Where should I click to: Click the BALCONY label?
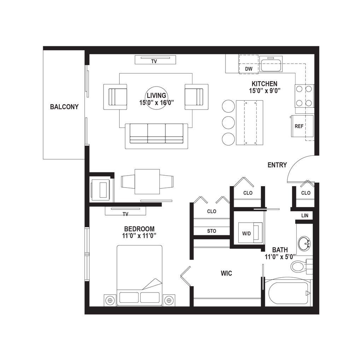click(x=65, y=107)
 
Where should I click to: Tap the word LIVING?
click(x=157, y=95)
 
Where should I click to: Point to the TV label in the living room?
click(x=154, y=61)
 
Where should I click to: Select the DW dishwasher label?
click(x=249, y=69)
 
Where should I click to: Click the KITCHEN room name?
click(x=264, y=84)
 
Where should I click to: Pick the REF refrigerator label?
click(x=299, y=126)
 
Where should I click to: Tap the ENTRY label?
click(x=278, y=165)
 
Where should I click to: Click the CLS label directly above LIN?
click(x=305, y=193)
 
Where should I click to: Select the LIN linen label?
click(x=305, y=216)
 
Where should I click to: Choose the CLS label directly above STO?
click(x=211, y=212)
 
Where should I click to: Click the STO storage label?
click(x=211, y=231)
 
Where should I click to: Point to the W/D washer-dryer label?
click(x=246, y=234)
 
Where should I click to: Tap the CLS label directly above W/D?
click(x=248, y=193)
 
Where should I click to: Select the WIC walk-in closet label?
click(x=227, y=273)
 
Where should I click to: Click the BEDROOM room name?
click(x=139, y=228)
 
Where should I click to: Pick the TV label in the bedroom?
click(x=125, y=214)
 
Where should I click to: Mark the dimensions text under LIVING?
click(x=157, y=103)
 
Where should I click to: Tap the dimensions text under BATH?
click(x=280, y=257)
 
